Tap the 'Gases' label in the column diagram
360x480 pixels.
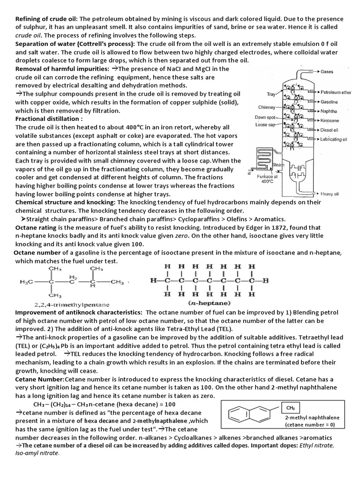click(328, 72)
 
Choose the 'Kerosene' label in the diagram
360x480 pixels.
click(330, 120)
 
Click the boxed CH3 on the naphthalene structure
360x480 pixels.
click(287, 408)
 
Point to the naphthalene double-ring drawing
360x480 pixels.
click(248, 415)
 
